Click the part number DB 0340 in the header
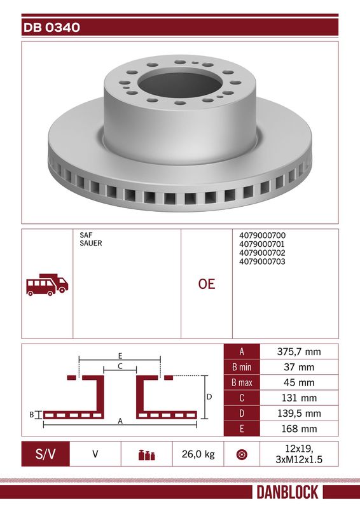[x=52, y=27]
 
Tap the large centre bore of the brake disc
[x=180, y=85]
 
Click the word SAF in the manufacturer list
[x=86, y=235]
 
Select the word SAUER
[x=91, y=243]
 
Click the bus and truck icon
[x=48, y=284]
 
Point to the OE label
[x=207, y=284]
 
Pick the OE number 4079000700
[x=262, y=235]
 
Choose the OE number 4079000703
[x=262, y=261]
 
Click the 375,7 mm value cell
[x=299, y=352]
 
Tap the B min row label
[x=242, y=367]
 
